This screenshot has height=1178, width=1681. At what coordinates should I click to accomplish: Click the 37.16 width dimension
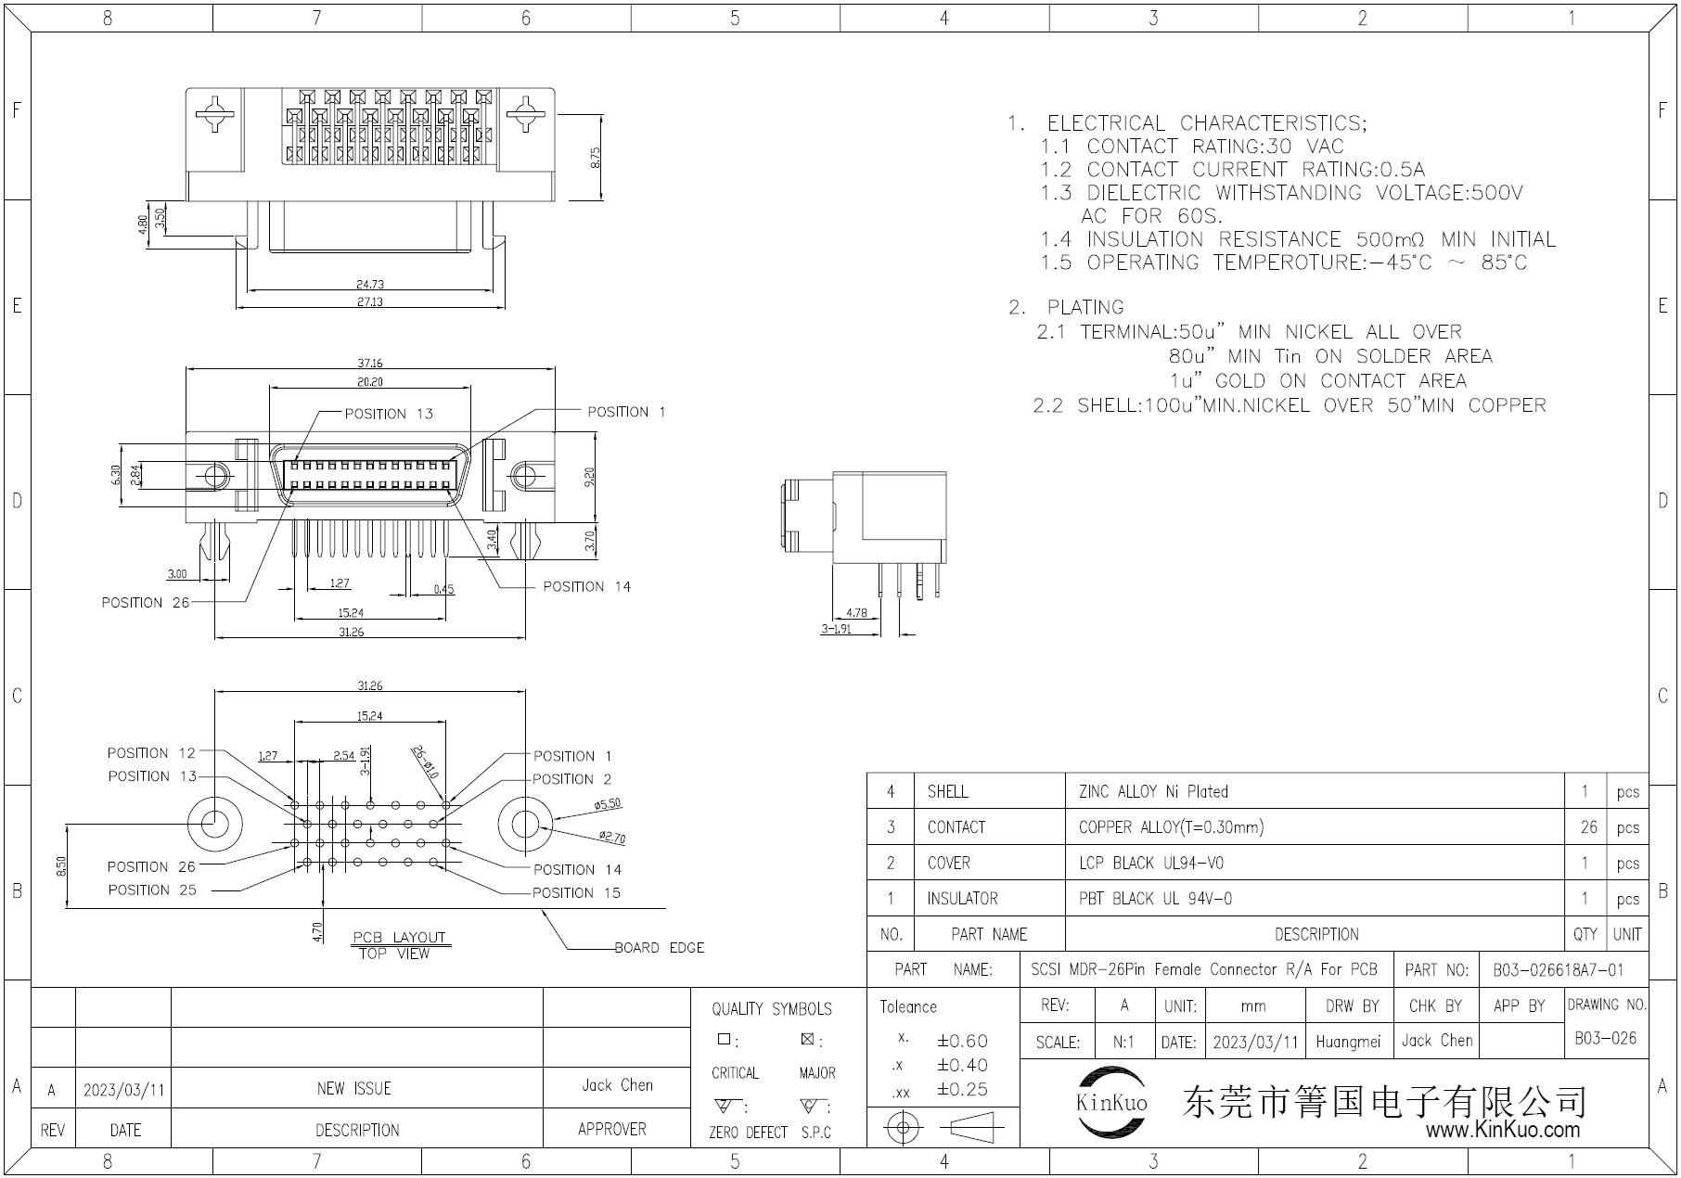pos(371,364)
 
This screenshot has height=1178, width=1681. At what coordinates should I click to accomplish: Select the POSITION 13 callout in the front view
pos(389,414)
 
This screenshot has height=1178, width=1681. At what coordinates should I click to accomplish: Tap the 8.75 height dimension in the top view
pos(596,158)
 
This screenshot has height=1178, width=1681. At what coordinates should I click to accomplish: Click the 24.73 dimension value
pos(369,285)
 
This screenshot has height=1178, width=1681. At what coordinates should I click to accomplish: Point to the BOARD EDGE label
pos(659,948)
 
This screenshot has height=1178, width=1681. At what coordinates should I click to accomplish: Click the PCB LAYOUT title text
pos(399,937)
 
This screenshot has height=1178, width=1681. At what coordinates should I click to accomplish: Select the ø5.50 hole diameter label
pos(608,805)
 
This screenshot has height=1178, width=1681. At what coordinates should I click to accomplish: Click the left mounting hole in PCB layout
pos(215,823)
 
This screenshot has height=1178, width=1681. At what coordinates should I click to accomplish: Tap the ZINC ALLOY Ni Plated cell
pos(1153,792)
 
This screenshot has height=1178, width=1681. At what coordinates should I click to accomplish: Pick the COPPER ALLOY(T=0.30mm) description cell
pos(1171,827)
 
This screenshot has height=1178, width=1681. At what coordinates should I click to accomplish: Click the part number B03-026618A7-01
pos(1559,970)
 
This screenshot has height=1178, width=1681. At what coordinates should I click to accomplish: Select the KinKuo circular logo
pos(1111,1103)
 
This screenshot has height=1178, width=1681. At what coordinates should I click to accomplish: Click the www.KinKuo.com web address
pos(1502,1130)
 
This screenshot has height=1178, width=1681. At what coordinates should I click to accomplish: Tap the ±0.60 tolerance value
pos(962,1041)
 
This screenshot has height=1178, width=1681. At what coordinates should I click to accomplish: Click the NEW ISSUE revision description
pos(354,1088)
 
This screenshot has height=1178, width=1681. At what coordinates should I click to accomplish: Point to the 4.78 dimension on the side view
pos(856,612)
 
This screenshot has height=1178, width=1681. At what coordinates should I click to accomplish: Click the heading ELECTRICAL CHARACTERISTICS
pos(1206,123)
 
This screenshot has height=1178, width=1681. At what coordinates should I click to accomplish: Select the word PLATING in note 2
pos(1085,307)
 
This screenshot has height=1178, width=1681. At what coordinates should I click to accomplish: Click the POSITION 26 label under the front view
pos(146,603)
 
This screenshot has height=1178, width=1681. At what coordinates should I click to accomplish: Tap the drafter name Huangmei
pos(1348,1042)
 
